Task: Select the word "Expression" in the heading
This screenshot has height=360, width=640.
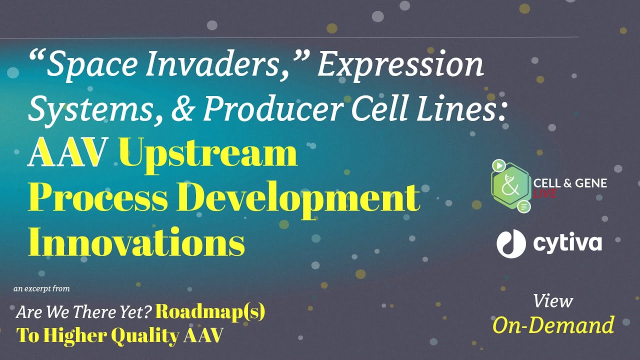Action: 400,65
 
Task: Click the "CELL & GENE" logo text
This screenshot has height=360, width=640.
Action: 570,183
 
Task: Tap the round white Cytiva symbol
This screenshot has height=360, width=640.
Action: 511,243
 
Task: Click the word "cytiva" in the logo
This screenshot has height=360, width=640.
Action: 567,243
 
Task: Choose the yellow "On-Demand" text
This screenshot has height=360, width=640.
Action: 553,325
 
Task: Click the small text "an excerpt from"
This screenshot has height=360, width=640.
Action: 41,288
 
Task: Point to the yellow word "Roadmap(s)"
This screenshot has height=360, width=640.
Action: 210,312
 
